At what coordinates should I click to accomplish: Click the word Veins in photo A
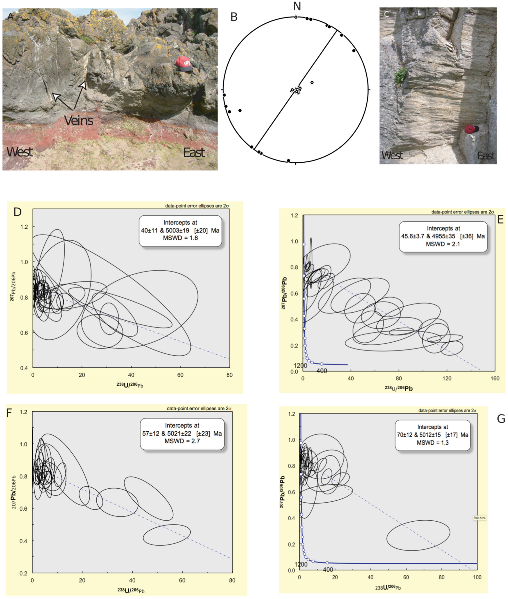coord(79,120)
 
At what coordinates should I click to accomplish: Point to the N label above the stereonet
coord(297,6)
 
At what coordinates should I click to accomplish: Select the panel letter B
coord(234,17)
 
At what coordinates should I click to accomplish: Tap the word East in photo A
coord(194,152)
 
